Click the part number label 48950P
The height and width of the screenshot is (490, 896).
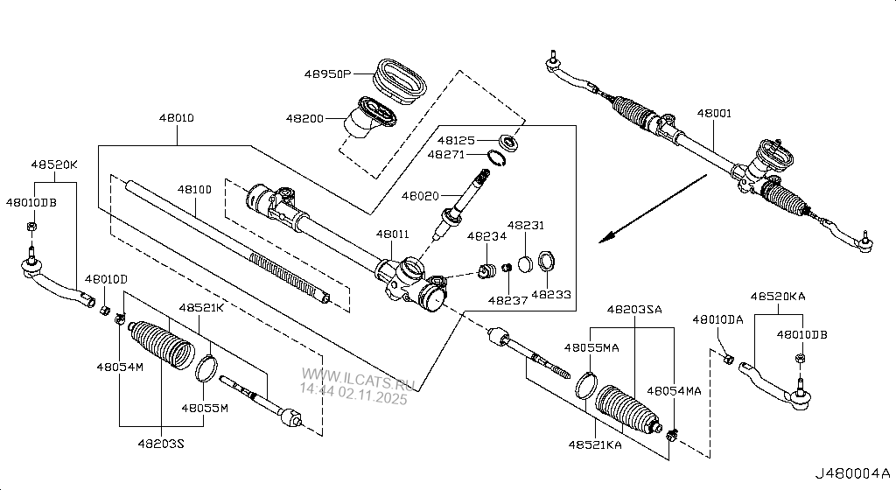click(327, 73)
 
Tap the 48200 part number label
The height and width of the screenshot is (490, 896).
click(304, 118)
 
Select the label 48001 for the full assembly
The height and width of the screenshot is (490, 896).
click(714, 113)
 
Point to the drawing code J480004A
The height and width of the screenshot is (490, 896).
click(852, 473)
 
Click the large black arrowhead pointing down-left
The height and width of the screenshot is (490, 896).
click(609, 236)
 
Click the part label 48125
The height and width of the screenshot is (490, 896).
click(456, 140)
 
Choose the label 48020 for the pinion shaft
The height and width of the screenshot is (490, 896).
click(420, 196)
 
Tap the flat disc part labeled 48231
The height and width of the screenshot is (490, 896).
click(526, 264)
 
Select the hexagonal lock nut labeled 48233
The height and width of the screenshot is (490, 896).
click(547, 262)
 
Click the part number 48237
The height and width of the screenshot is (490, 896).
click(507, 300)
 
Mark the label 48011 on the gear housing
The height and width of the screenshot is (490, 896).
click(393, 234)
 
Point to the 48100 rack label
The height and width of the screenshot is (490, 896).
click(194, 189)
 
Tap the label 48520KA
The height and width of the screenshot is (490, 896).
click(778, 296)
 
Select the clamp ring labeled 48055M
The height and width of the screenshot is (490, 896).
click(206, 369)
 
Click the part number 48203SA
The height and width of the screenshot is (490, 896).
click(634, 309)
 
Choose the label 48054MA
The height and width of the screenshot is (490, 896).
click(674, 390)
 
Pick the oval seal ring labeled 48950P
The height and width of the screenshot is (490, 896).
click(400, 81)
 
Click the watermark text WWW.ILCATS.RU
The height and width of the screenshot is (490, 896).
click(357, 378)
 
